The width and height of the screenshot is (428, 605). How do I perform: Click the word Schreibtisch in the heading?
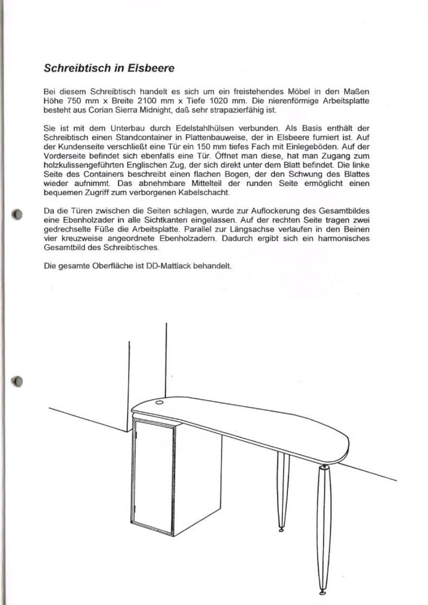coord(76,68)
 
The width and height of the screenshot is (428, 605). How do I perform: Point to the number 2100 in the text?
coord(146,102)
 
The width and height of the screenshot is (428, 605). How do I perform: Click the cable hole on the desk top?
coord(159,402)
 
